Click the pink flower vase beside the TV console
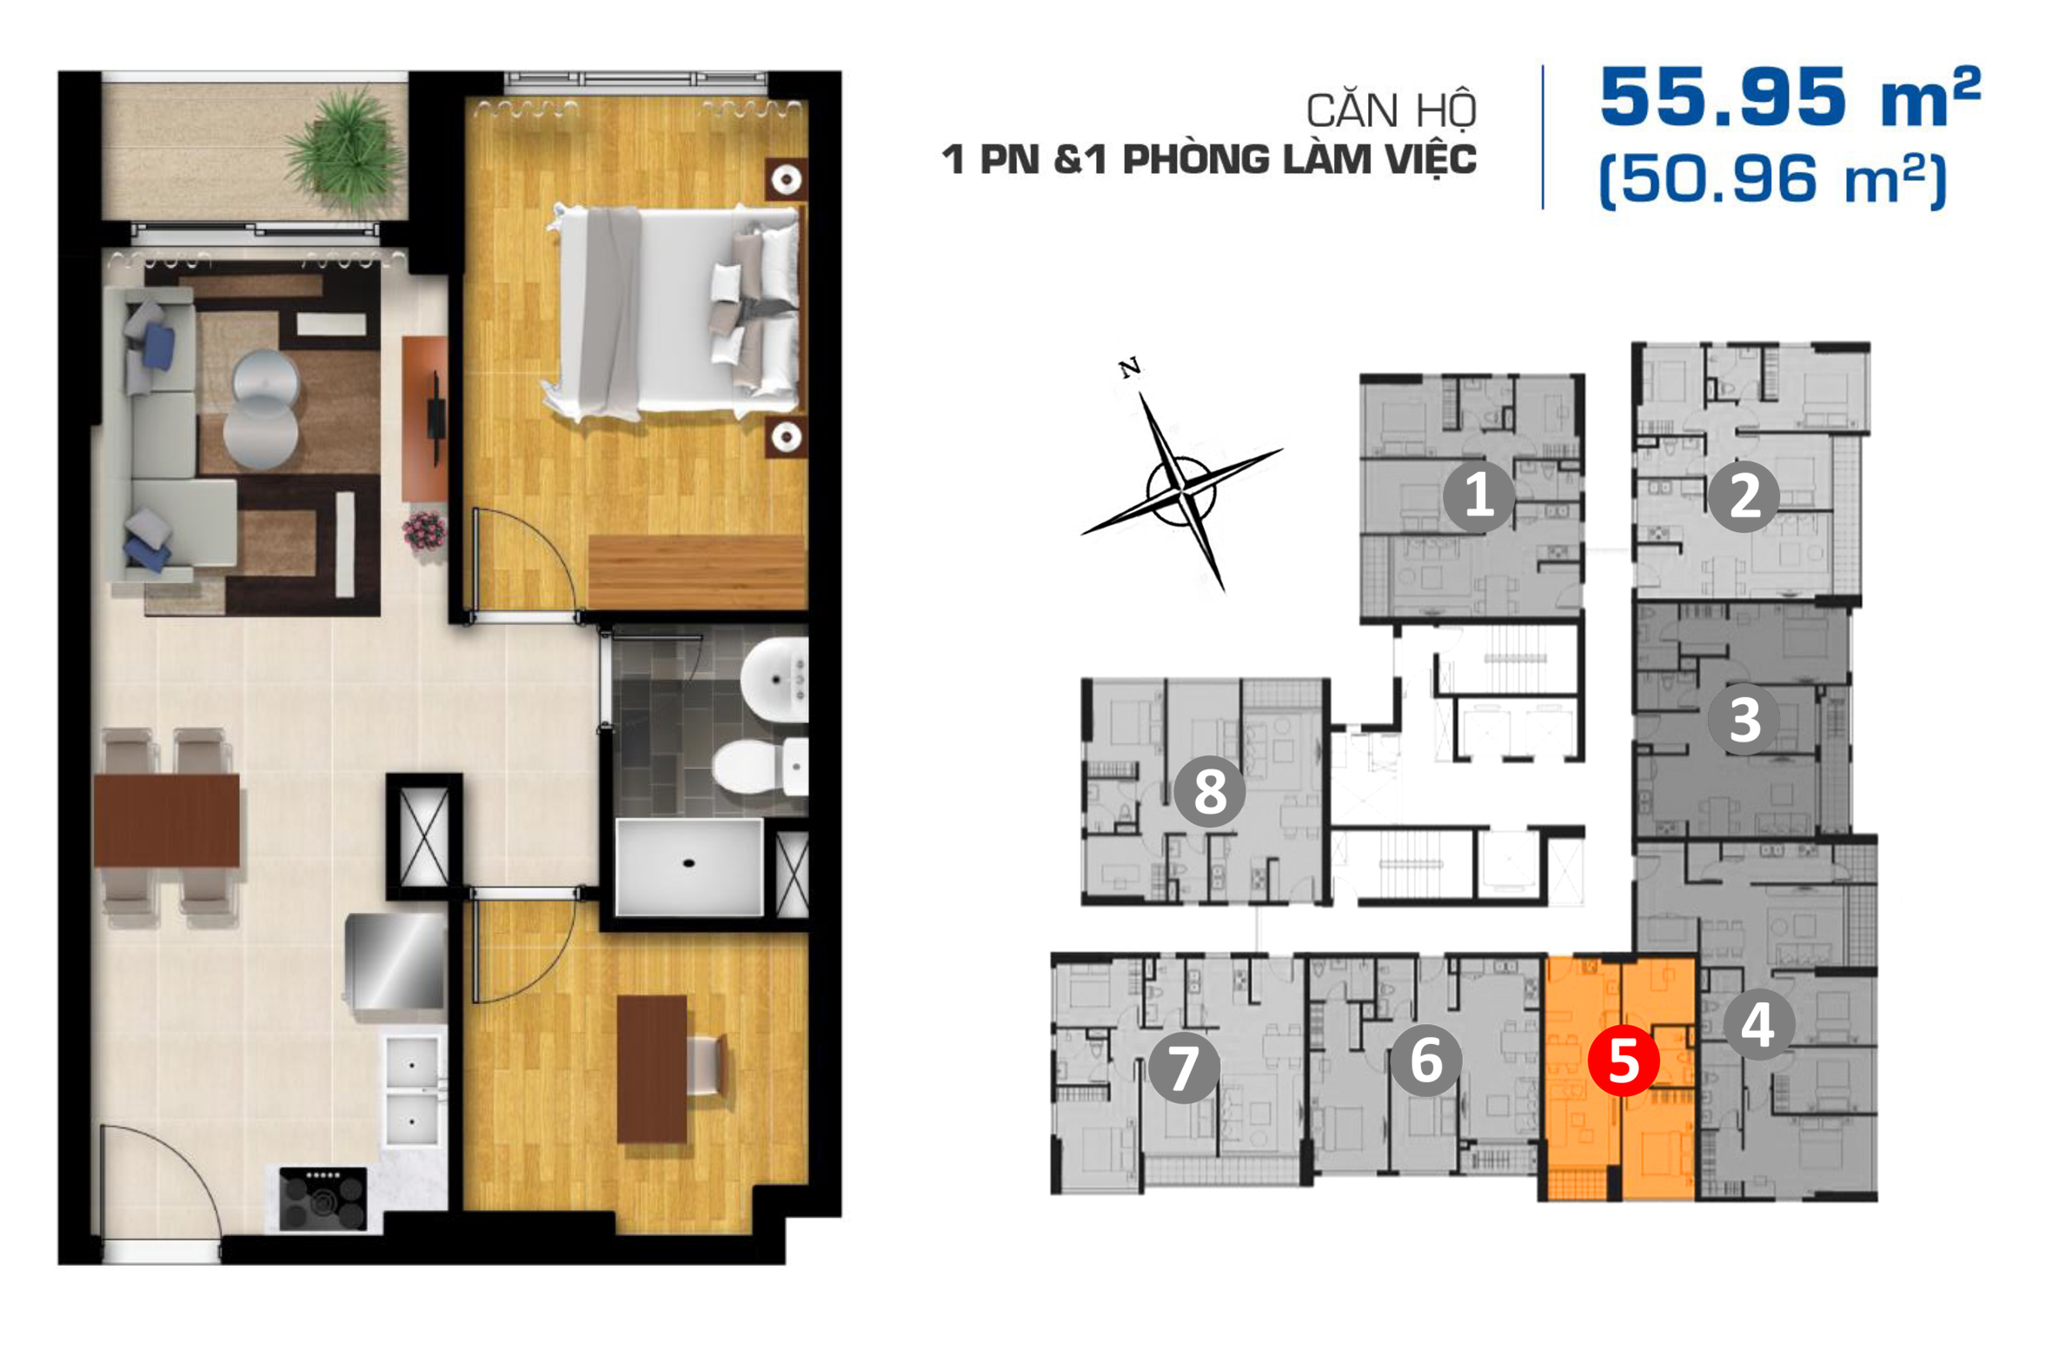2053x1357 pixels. (x=424, y=531)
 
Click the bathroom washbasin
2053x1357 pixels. (x=775, y=680)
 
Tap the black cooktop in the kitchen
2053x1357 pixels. (x=323, y=1200)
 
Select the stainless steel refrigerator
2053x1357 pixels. (x=395, y=961)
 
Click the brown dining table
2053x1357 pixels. (x=166, y=820)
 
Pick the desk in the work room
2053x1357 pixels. (x=652, y=1069)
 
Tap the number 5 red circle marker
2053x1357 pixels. (x=1624, y=1061)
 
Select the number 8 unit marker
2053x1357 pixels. (x=1210, y=791)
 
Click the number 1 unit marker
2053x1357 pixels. (x=1478, y=496)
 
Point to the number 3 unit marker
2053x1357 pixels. (x=1744, y=720)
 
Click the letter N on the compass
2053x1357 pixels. (x=1130, y=369)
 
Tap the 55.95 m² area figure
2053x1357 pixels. (x=1790, y=96)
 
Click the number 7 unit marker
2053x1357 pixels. (x=1184, y=1068)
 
